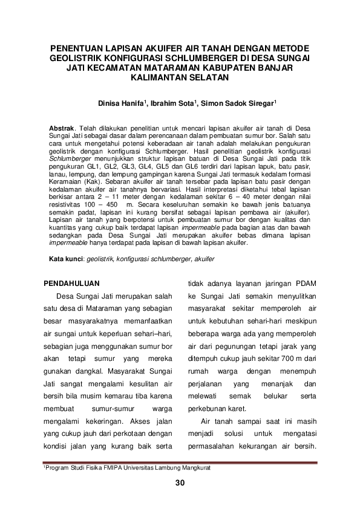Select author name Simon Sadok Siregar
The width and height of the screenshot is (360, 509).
pyautogui.click(x=238, y=103)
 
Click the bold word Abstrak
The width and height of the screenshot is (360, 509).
pyautogui.click(x=62, y=129)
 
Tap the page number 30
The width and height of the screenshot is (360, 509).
pyautogui.click(x=180, y=482)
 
